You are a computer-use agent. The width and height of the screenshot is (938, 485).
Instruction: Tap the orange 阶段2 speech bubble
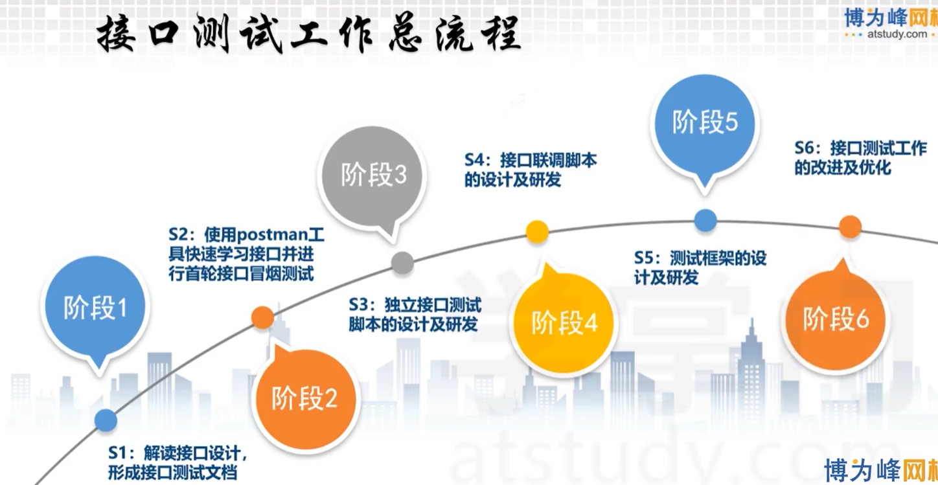pyautogui.click(x=306, y=397)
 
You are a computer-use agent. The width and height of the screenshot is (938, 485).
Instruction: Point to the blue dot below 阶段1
pyautogui.click(x=106, y=420)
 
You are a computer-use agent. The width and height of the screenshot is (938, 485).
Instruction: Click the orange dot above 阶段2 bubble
pyautogui.click(x=262, y=318)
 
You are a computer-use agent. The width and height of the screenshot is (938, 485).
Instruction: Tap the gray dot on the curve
pyautogui.click(x=402, y=263)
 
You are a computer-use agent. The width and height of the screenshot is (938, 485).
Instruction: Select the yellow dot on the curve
pyautogui.click(x=537, y=231)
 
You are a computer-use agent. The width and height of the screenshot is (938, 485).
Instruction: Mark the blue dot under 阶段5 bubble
pyautogui.click(x=705, y=220)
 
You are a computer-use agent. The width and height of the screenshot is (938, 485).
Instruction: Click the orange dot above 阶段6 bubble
pyautogui.click(x=850, y=227)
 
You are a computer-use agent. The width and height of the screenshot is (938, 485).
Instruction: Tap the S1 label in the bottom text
pyautogui.click(x=118, y=453)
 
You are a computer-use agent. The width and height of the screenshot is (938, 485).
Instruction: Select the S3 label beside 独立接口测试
pyautogui.click(x=360, y=305)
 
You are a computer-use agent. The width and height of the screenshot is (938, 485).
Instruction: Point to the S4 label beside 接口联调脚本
pyautogui.click(x=475, y=161)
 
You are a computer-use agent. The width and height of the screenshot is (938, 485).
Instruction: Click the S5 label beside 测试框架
pyautogui.click(x=645, y=258)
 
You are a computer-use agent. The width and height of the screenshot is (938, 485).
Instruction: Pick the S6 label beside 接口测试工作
pyautogui.click(x=805, y=148)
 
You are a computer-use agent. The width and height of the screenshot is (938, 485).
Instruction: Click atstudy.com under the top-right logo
pyautogui.click(x=897, y=34)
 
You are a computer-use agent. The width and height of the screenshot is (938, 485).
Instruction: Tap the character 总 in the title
pyautogui.click(x=406, y=34)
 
